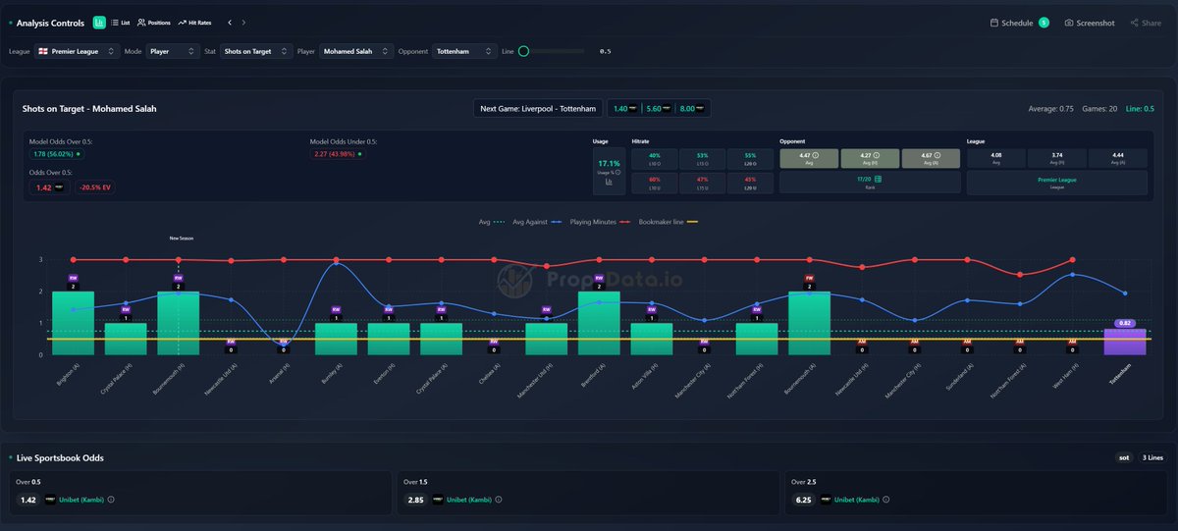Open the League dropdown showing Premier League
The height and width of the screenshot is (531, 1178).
click(78, 51)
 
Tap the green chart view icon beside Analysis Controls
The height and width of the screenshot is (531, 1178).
click(99, 23)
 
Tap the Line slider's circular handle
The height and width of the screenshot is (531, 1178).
click(523, 51)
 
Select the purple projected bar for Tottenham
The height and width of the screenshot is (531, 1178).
click(1125, 341)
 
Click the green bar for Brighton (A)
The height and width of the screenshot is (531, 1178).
click(73, 323)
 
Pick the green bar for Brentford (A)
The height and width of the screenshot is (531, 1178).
click(599, 323)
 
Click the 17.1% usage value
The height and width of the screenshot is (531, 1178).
click(609, 163)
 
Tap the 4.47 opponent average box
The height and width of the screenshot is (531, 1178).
click(809, 158)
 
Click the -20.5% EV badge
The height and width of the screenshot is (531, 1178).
click(95, 187)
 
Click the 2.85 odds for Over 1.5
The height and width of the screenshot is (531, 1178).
click(416, 500)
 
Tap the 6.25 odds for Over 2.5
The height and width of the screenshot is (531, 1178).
click(804, 500)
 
